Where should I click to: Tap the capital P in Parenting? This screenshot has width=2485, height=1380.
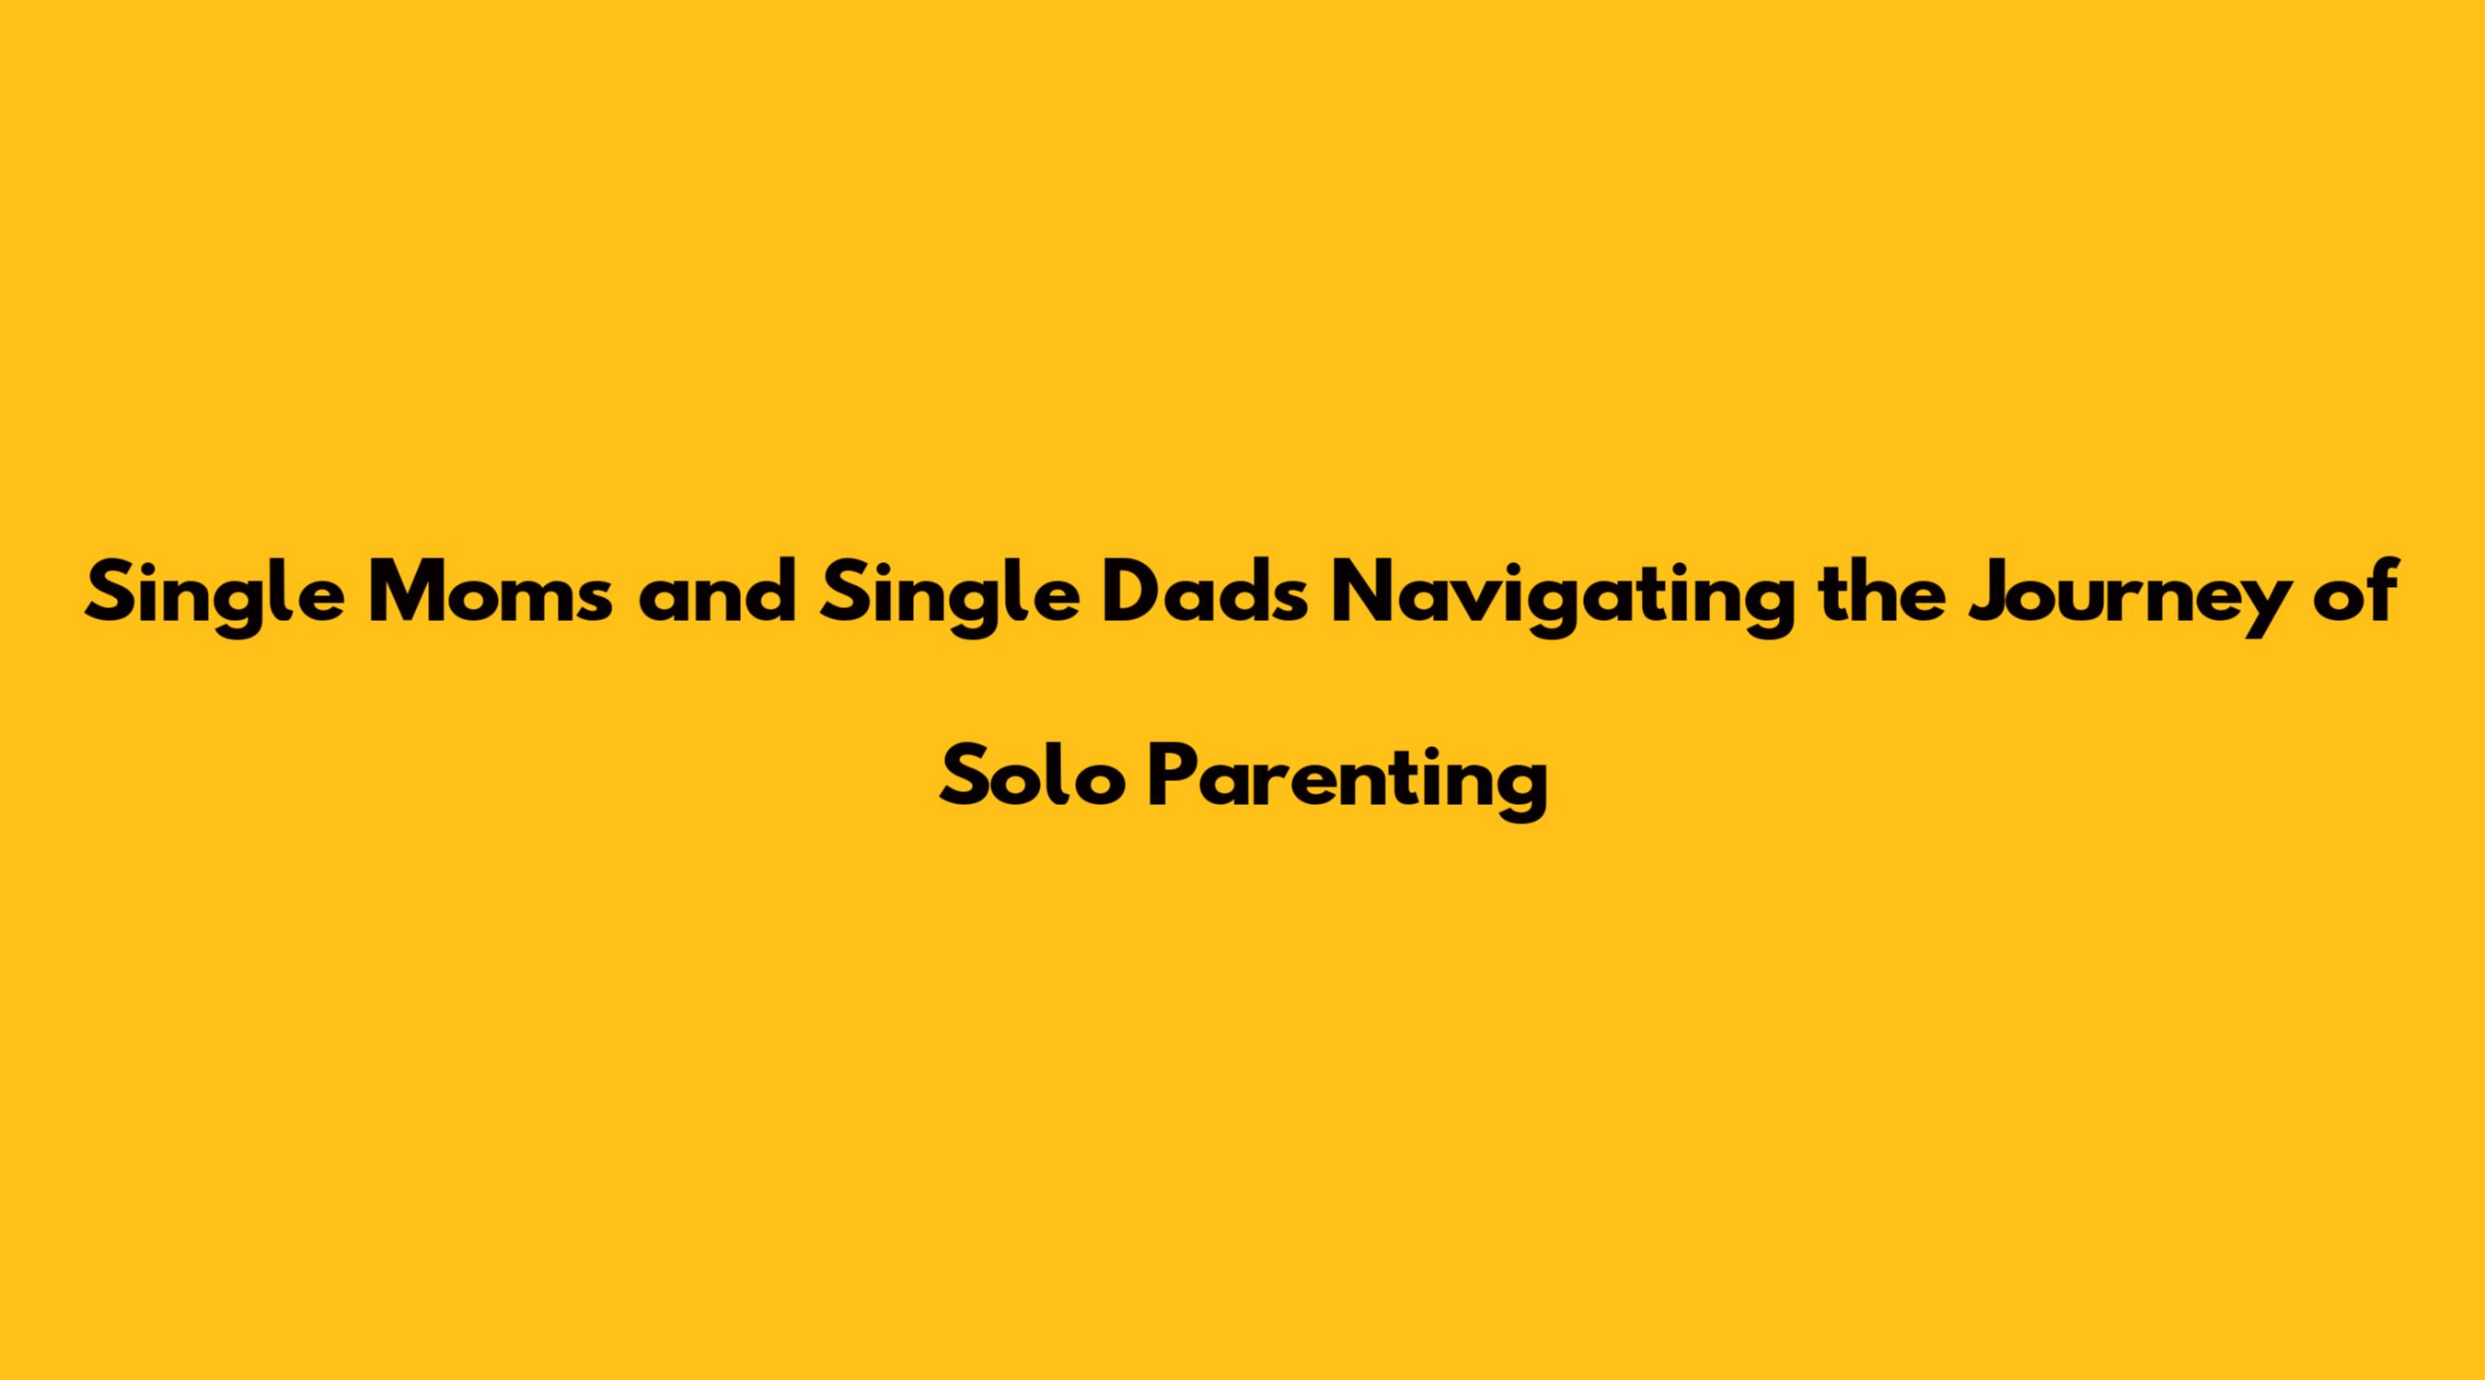pyautogui.click(x=1175, y=777)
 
